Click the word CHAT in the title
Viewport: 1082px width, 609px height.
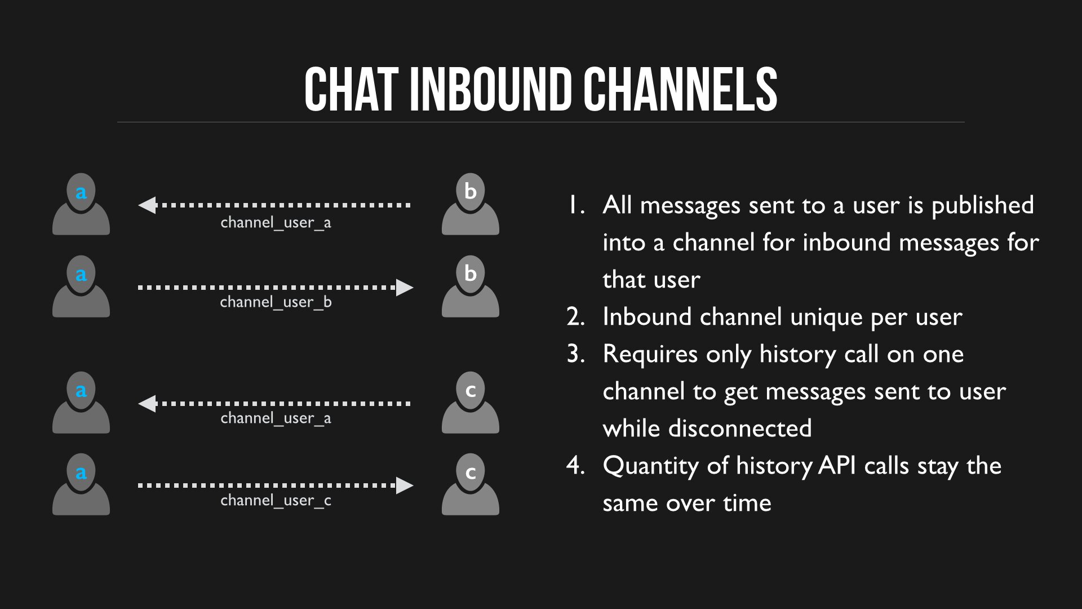click(352, 89)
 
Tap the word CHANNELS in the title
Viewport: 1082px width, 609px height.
click(680, 89)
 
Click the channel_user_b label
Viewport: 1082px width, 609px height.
click(276, 302)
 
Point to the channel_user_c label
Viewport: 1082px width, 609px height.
click(276, 500)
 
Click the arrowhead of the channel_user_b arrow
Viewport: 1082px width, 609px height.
click(405, 288)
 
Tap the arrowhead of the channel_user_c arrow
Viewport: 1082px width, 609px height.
click(405, 486)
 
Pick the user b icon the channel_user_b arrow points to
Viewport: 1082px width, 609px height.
click(471, 286)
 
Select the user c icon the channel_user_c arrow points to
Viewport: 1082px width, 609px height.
click(471, 484)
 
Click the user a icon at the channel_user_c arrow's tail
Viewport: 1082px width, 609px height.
click(81, 484)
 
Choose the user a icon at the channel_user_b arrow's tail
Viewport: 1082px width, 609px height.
click(81, 286)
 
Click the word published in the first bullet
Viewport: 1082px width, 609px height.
click(983, 206)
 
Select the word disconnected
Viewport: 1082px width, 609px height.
click(740, 429)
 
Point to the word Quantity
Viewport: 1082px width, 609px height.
click(651, 467)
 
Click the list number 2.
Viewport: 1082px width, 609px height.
click(575, 317)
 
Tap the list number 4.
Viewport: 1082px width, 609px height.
click(575, 466)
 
